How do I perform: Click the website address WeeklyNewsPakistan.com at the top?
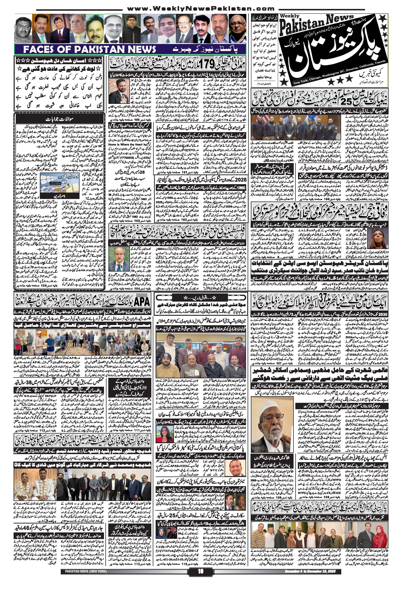[x=200, y=9]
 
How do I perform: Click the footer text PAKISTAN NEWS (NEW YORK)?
[x=84, y=583]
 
